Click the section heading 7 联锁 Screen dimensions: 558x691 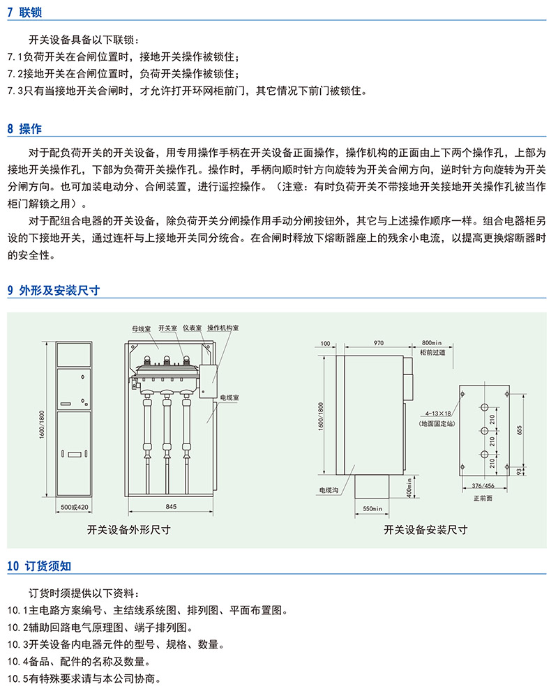(x=24, y=12)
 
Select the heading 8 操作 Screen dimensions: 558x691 (x=24, y=129)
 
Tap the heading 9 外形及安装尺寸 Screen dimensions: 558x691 (x=54, y=290)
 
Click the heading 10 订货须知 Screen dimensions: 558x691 (x=39, y=566)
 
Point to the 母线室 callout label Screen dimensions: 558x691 (x=141, y=328)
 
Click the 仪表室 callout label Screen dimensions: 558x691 (x=193, y=328)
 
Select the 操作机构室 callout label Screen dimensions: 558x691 (x=223, y=328)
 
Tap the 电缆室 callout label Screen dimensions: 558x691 (x=229, y=397)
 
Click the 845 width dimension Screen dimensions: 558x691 (x=171, y=506)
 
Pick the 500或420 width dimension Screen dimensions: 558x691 (x=74, y=507)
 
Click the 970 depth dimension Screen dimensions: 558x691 (x=379, y=343)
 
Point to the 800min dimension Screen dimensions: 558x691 (x=432, y=343)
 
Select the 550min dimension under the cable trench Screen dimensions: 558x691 (x=372, y=508)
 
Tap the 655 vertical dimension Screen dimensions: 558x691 (x=519, y=430)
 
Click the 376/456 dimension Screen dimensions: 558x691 (x=483, y=485)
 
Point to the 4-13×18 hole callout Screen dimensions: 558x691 (x=437, y=413)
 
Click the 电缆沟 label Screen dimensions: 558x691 (x=329, y=490)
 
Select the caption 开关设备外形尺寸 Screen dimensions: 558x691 (x=129, y=530)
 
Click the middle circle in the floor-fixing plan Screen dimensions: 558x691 (x=484, y=430)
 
